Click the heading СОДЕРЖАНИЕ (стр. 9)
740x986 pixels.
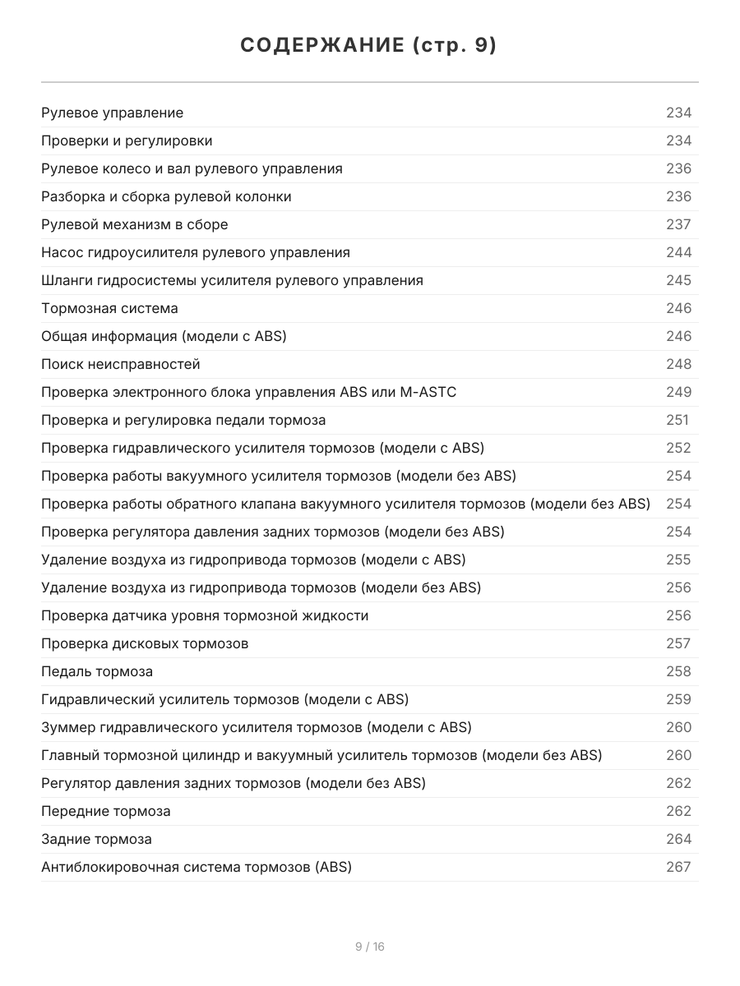pyautogui.click(x=369, y=46)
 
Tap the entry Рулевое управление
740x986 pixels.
pyautogui.click(x=113, y=113)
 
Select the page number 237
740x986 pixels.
pyautogui.click(x=678, y=224)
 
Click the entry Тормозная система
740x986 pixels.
pyautogui.click(x=109, y=308)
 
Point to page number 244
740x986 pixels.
pyautogui.click(x=678, y=252)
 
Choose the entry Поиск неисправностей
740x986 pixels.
pyautogui.click(x=121, y=364)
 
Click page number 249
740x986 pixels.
pyautogui.click(x=678, y=392)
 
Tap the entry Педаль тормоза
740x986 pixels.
pyautogui.click(x=97, y=671)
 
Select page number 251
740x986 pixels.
pyautogui.click(x=677, y=420)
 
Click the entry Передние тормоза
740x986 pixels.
pyautogui.click(x=106, y=811)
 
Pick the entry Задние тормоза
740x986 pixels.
pyautogui.click(x=96, y=839)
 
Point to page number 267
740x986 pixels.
pyautogui.click(x=678, y=867)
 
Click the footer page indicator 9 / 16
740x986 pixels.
pyautogui.click(x=370, y=947)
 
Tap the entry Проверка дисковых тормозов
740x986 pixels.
pyautogui.click(x=145, y=643)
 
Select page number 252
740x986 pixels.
pyautogui.click(x=678, y=448)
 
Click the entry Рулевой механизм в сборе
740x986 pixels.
pyautogui.click(x=135, y=224)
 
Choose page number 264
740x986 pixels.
pyautogui.click(x=678, y=839)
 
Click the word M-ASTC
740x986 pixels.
pyautogui.click(x=428, y=392)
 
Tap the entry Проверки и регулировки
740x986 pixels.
pyautogui.click(x=127, y=141)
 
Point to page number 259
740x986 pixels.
pyautogui.click(x=678, y=699)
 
